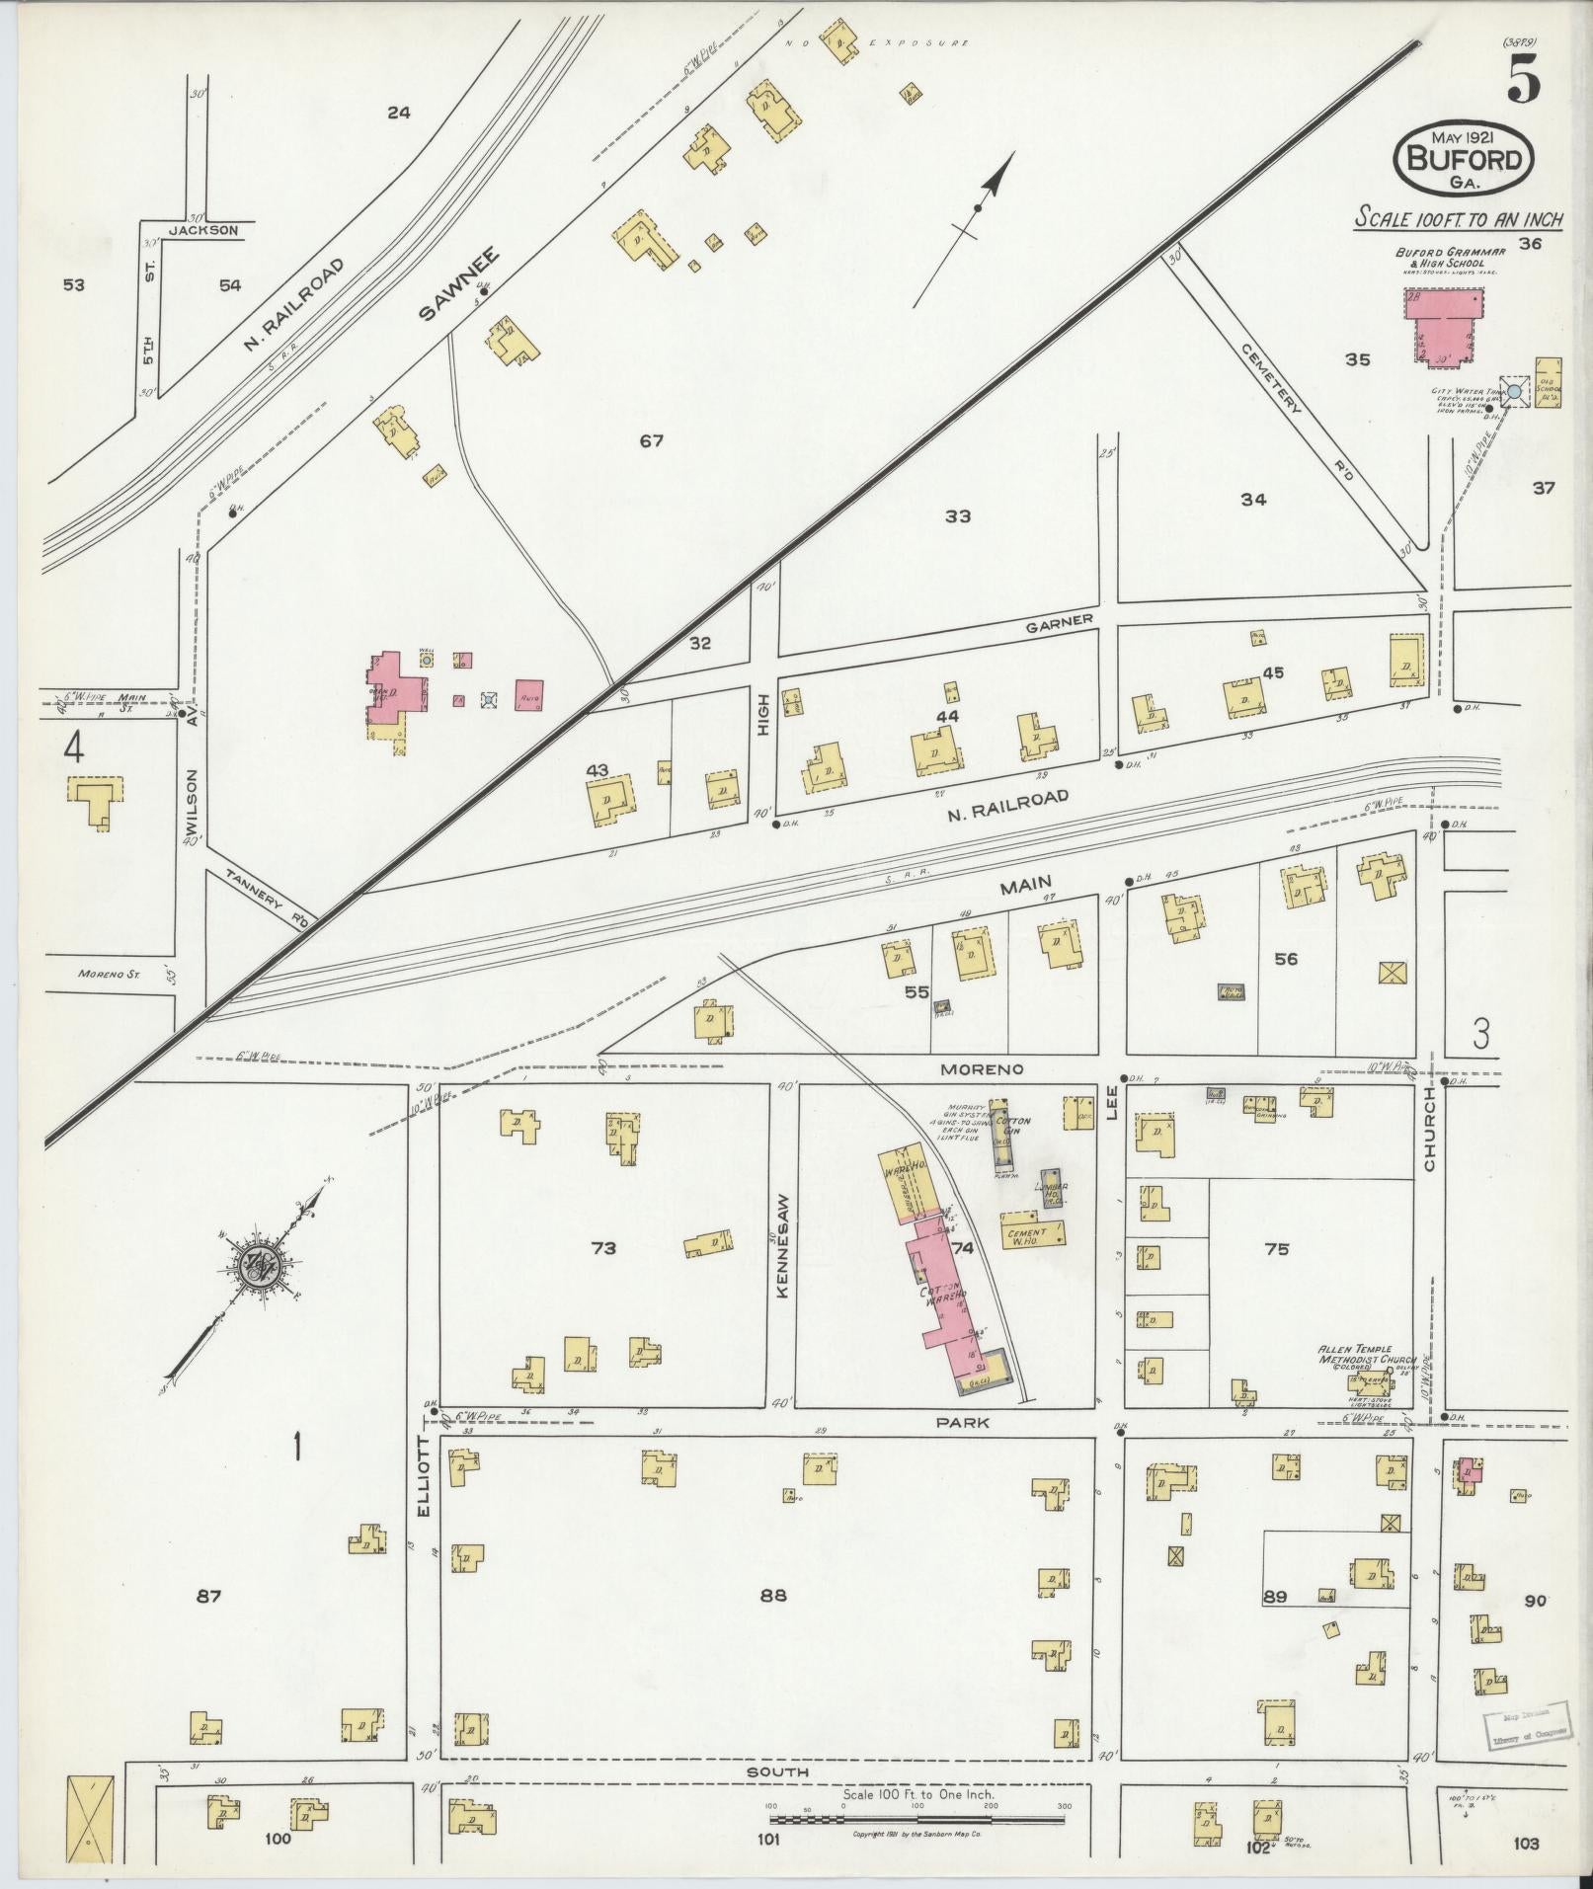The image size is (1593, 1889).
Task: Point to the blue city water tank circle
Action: click(x=1514, y=392)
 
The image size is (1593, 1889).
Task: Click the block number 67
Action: click(x=651, y=441)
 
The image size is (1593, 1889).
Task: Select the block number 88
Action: click(x=773, y=1595)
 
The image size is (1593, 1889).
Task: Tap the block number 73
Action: click(x=602, y=1248)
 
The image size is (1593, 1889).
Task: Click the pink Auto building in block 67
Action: click(x=528, y=695)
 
